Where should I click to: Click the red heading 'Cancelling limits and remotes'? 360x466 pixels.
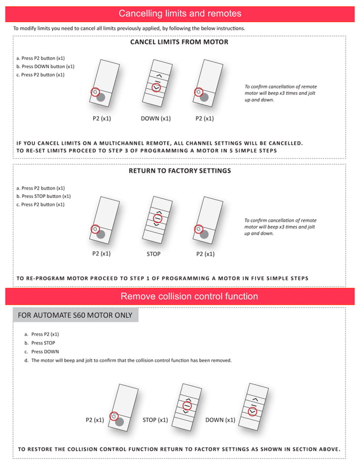[x=180, y=14]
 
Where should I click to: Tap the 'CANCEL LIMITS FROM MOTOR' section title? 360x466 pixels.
[x=179, y=42]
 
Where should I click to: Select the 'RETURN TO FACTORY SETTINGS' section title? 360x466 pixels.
[x=179, y=170]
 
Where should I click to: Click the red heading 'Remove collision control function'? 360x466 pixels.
[x=189, y=296]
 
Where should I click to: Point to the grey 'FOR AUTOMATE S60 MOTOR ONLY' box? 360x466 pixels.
[x=76, y=315]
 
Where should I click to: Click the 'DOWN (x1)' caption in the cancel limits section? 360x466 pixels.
[x=156, y=118]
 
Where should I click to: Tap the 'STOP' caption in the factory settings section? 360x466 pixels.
[x=153, y=254]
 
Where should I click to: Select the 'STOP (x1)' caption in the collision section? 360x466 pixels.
[x=155, y=420]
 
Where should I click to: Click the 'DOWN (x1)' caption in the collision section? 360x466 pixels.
[x=220, y=420]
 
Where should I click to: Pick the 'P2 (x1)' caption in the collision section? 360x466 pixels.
[x=95, y=420]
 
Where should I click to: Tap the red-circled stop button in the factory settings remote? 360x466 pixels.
[x=157, y=218]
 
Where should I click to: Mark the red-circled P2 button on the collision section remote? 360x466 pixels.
[x=114, y=416]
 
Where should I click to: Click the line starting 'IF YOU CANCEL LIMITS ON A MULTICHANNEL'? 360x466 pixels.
[x=160, y=143]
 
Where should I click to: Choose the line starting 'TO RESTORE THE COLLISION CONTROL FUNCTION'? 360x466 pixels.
[x=179, y=449]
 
